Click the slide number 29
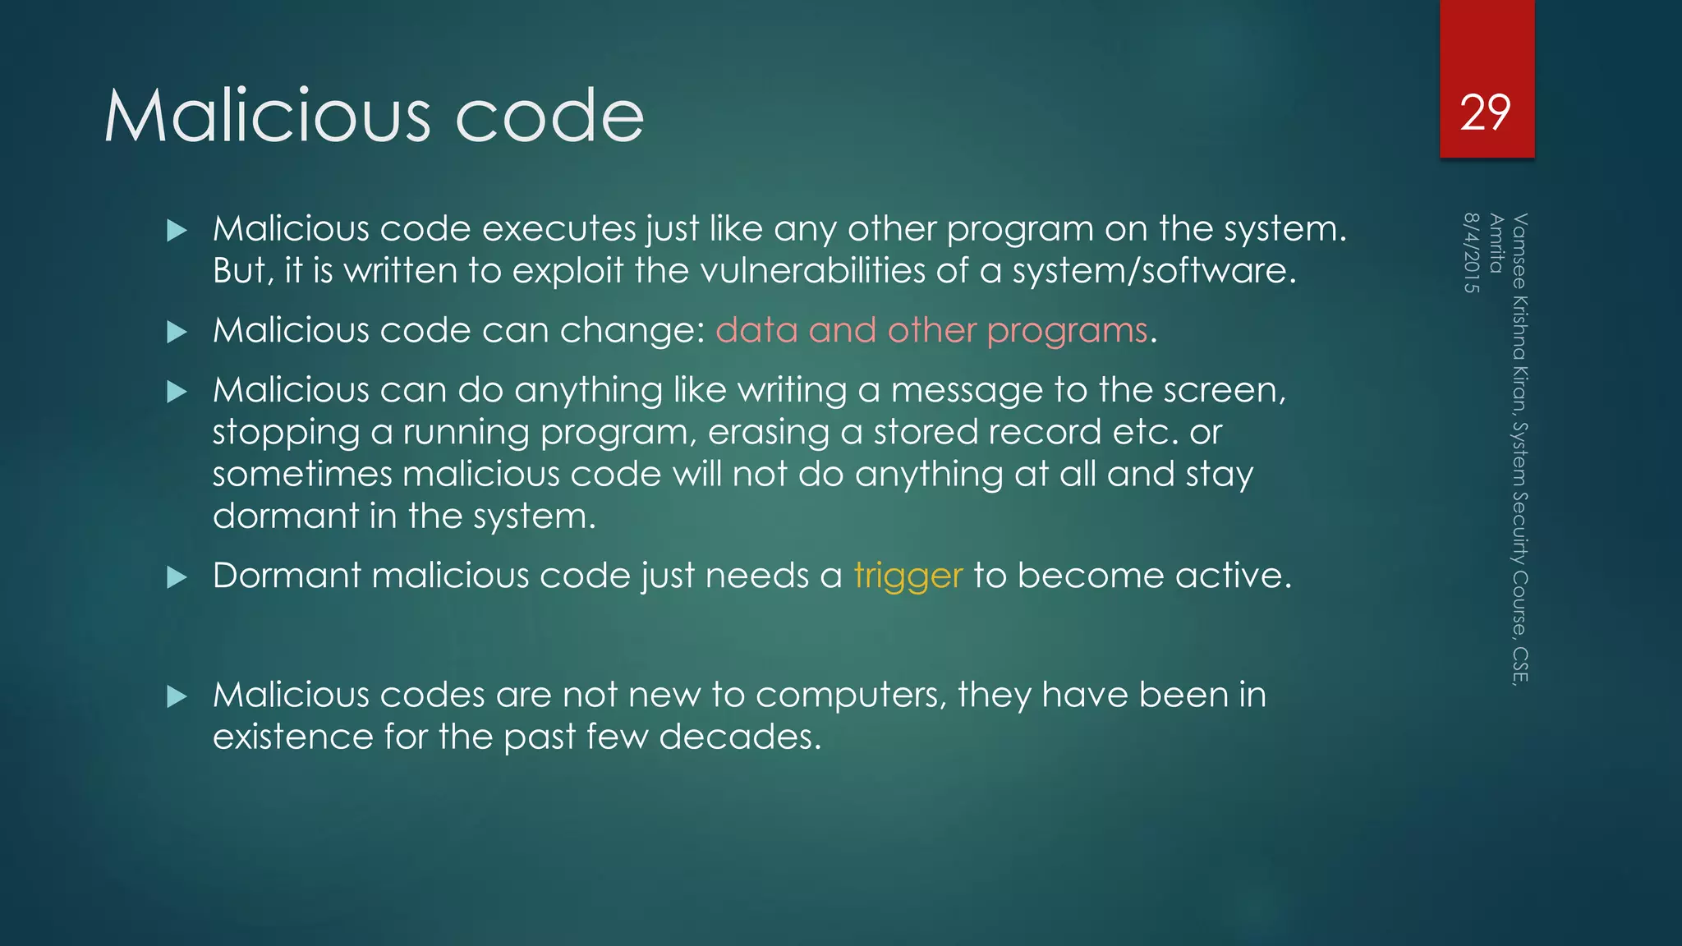click(1486, 113)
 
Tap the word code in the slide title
click(549, 116)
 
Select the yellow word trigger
click(908, 576)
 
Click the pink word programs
click(1067, 330)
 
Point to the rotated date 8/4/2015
click(1472, 253)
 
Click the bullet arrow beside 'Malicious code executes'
click(177, 230)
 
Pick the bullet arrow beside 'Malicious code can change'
click(177, 332)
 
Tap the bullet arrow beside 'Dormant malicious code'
click(177, 577)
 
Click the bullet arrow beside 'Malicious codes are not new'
click(177, 697)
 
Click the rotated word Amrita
click(1496, 243)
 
